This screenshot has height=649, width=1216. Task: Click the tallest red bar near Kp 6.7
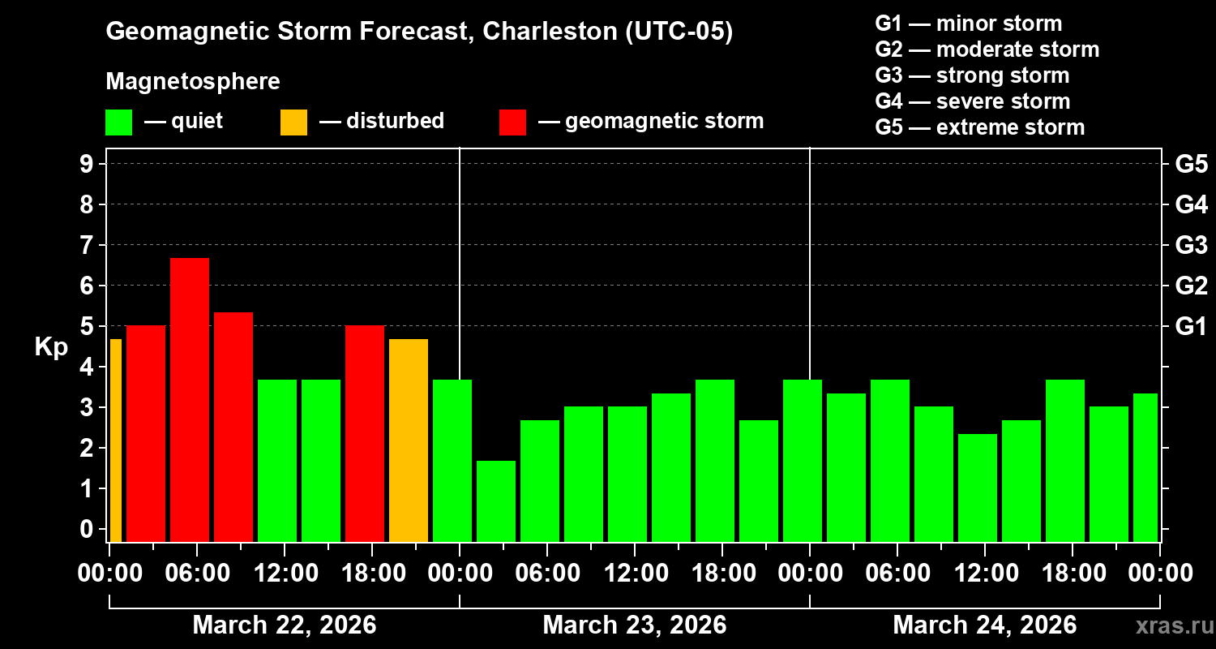190,399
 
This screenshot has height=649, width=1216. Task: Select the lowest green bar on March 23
496,501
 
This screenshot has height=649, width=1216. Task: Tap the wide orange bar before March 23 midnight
409,440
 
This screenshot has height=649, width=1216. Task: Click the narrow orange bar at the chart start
115,440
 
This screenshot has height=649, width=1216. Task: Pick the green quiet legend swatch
119,122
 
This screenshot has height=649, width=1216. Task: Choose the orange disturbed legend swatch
293,122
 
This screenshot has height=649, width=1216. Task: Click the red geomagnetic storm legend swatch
512,122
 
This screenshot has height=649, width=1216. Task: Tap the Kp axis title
51,347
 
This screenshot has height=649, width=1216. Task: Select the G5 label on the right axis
1191,164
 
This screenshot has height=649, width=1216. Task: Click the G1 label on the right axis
1191,326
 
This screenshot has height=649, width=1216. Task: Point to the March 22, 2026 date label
285,625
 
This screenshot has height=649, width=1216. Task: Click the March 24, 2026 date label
985,625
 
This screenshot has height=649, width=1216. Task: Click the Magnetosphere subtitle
193,82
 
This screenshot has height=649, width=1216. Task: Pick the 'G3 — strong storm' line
972,75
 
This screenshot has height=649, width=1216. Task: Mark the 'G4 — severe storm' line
973,101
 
